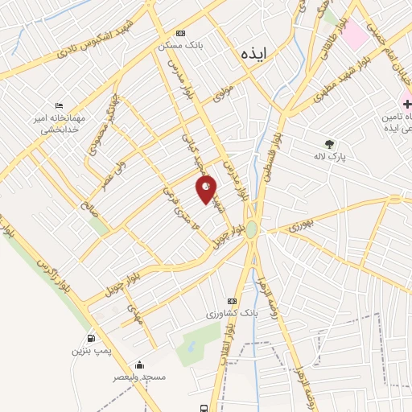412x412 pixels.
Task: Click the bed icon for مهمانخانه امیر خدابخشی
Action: [x=58, y=105]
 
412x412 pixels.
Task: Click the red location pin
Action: [x=207, y=188]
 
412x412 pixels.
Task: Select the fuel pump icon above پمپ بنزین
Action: [x=90, y=338]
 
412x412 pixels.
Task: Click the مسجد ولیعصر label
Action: [x=139, y=377]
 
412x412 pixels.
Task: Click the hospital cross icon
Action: [x=407, y=103]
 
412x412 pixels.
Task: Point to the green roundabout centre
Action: [x=252, y=229]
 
